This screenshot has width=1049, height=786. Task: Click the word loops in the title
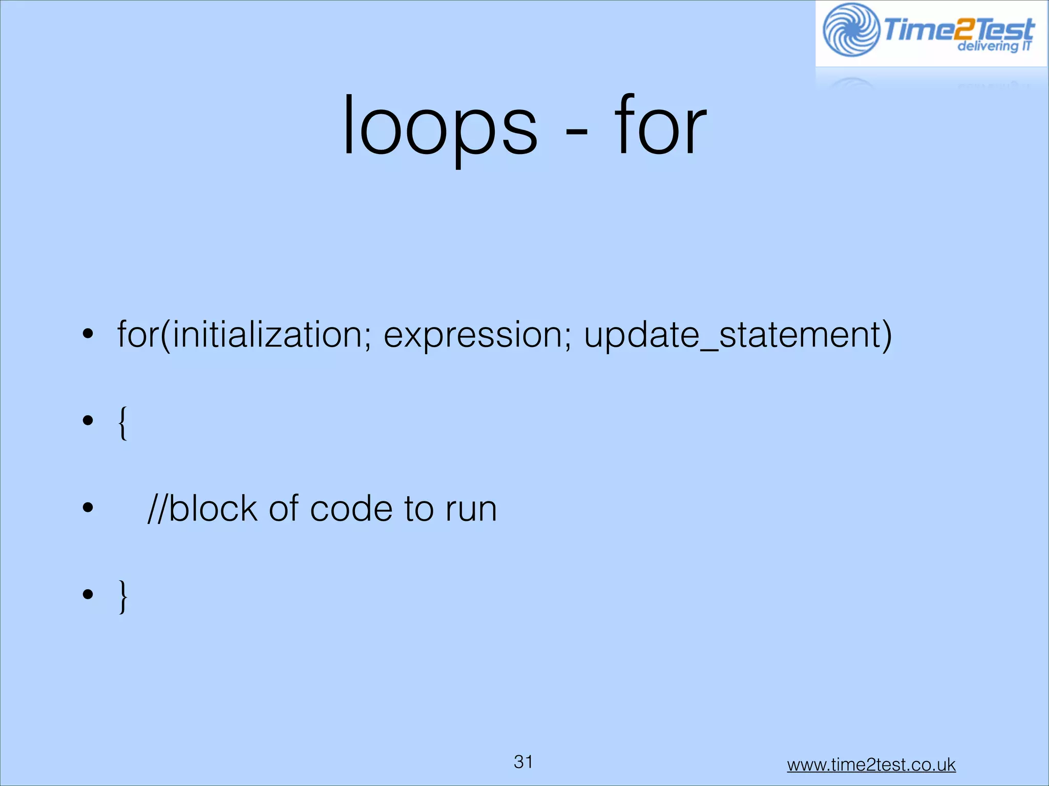[x=439, y=127]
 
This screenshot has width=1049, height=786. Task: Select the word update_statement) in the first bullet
[x=738, y=335]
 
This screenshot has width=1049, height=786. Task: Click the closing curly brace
[x=123, y=596]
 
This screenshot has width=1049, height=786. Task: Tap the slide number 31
[x=523, y=762]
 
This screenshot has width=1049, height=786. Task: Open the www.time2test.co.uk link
[x=871, y=765]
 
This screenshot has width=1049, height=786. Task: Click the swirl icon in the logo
[x=851, y=30]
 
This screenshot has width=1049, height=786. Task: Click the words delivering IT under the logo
[x=994, y=47]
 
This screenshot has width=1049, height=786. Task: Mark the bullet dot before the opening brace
[x=88, y=421]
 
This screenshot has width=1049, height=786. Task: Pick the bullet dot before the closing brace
[x=88, y=594]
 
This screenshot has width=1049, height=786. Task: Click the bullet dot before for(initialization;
[x=88, y=334]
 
